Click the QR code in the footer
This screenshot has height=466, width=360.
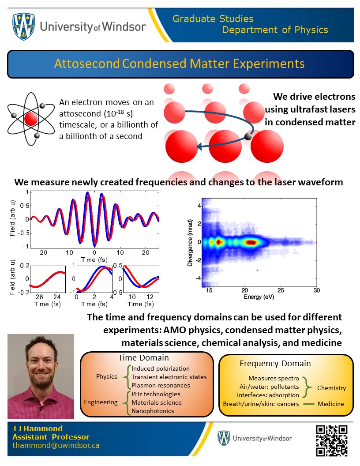(x=331, y=440)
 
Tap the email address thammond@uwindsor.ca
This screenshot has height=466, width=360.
(x=56, y=445)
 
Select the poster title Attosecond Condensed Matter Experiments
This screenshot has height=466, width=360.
(x=180, y=64)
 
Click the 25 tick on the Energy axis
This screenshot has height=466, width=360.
(x=280, y=290)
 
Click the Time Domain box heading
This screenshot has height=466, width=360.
(x=143, y=358)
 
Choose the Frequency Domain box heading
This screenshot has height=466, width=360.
(x=275, y=364)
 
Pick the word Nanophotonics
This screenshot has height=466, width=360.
(x=153, y=411)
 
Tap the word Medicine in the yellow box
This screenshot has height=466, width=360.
(x=331, y=404)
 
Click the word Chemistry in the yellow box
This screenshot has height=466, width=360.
(x=331, y=388)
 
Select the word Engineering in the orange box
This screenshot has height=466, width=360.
(x=101, y=402)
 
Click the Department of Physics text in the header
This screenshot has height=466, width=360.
(x=275, y=30)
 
